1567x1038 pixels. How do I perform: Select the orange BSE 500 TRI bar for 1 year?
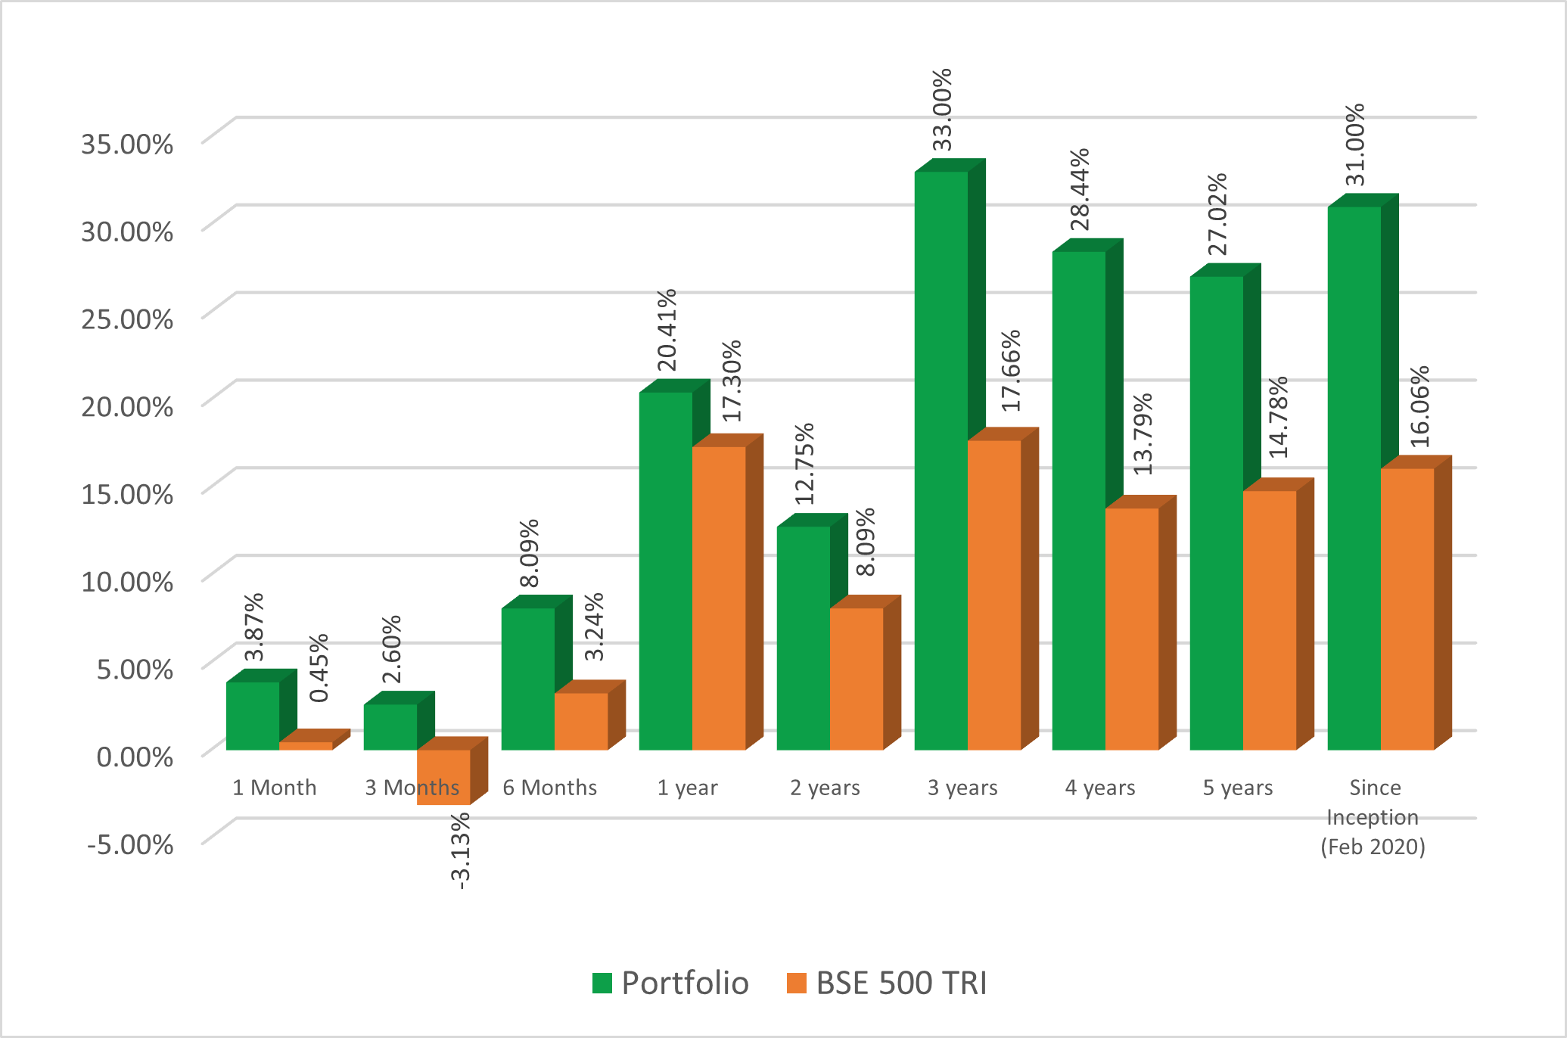[719, 598]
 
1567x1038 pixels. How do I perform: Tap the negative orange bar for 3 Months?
[443, 777]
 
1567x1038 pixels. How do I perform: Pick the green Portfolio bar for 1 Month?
[253, 716]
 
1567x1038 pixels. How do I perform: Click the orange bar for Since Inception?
[1407, 609]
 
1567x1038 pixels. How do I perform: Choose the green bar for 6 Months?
[528, 679]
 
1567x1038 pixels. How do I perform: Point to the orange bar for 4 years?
[1132, 629]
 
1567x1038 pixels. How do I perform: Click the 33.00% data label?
[942, 110]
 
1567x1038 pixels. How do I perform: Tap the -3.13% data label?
[461, 850]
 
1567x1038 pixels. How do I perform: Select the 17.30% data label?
[732, 381]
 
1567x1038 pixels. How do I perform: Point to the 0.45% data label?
[319, 667]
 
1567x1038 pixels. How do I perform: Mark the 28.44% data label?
[1080, 189]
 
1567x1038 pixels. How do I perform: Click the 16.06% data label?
[1420, 406]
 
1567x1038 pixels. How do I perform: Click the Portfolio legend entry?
[670, 983]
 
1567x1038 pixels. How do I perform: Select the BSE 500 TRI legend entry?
[887, 983]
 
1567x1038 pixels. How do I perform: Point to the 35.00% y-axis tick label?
[127, 143]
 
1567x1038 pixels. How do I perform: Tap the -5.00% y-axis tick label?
[130, 844]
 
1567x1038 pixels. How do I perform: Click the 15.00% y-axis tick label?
[127, 493]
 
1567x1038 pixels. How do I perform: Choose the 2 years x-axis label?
[825, 788]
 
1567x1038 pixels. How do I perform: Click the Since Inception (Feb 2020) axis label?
[1373, 817]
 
